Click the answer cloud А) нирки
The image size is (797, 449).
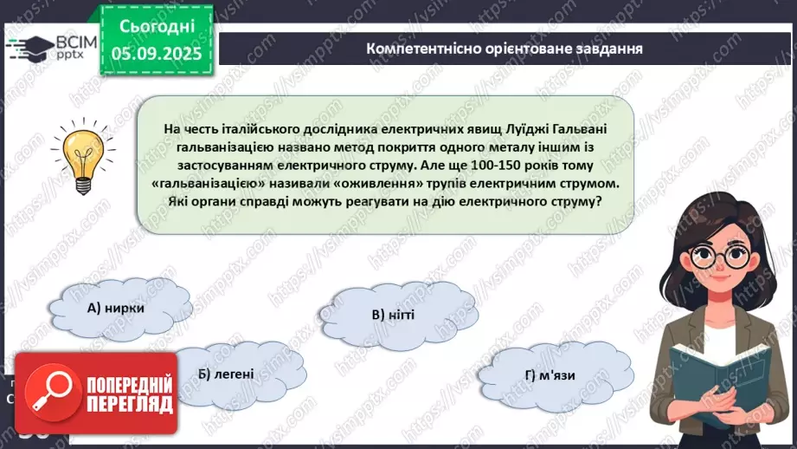[x=115, y=308]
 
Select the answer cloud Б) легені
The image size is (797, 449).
[x=225, y=374]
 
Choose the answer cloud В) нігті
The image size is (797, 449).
[x=393, y=314]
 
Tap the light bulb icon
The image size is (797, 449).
[x=84, y=156]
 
